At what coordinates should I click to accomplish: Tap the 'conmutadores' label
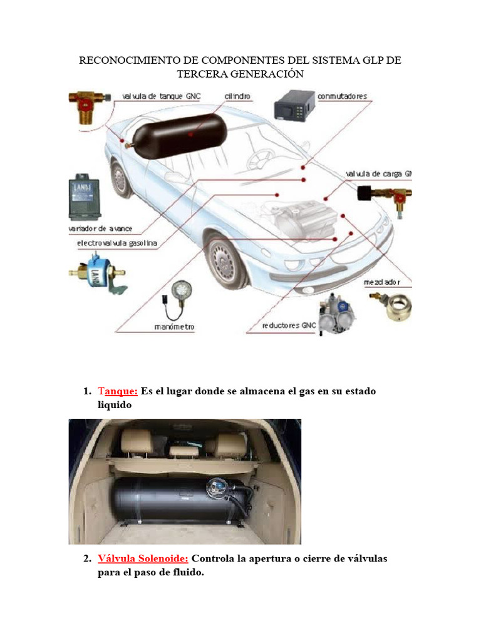coord(343,96)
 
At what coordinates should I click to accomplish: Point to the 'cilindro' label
coord(238,96)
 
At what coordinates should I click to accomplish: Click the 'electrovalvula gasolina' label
coord(116,242)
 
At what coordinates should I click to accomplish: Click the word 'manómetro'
coord(175,327)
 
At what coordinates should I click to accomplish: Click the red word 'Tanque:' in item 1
coord(117,391)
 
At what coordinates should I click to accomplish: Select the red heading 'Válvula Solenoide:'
coord(143,558)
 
